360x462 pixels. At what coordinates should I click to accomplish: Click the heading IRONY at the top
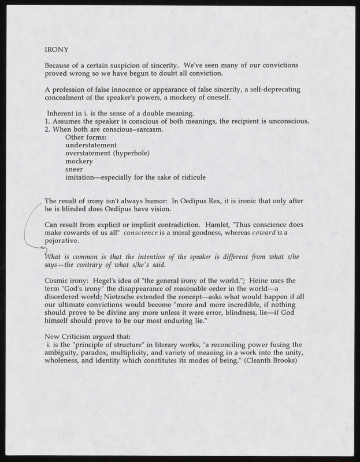coord(55,50)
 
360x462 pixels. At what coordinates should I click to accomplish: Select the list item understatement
coord(91,145)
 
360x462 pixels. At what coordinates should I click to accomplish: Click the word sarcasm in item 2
coord(149,129)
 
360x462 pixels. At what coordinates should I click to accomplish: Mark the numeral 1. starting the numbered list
coord(47,121)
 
